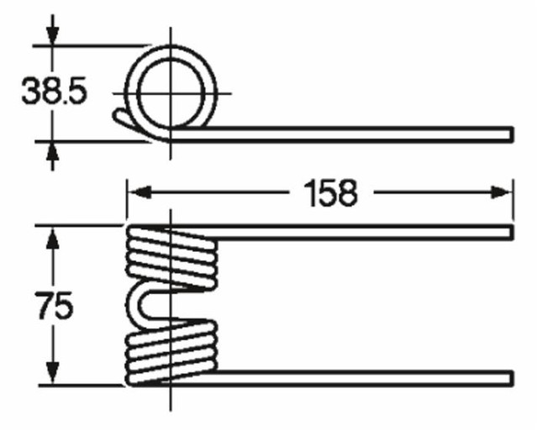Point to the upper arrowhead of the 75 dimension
tap(52, 238)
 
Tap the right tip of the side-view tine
tap(509, 134)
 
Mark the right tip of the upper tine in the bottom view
tap(509, 231)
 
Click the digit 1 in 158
tap(298, 193)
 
